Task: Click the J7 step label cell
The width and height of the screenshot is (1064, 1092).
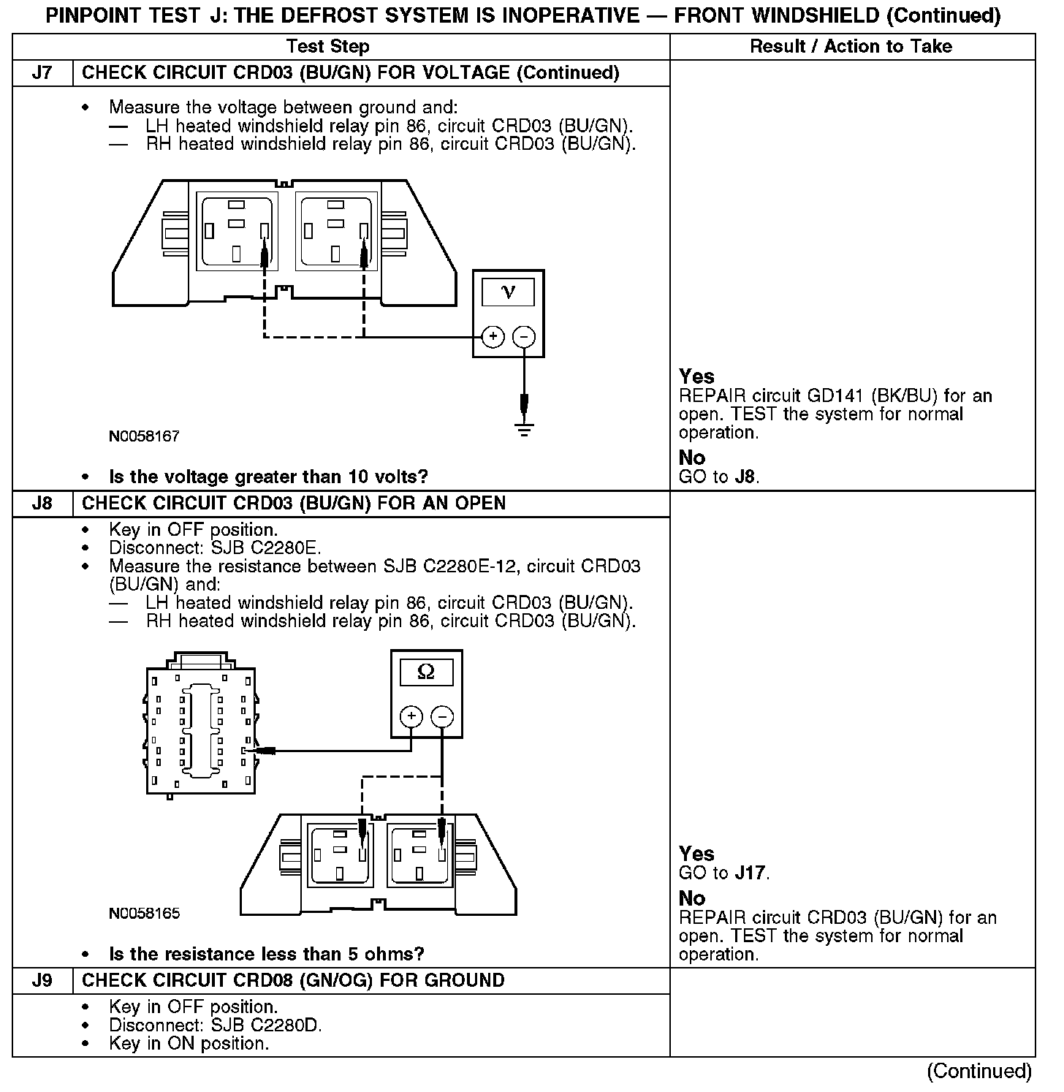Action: point(42,72)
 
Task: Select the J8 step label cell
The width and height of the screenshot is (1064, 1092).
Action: point(42,504)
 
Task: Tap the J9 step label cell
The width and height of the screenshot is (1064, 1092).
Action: point(42,980)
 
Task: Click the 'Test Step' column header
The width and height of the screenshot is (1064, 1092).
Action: point(328,47)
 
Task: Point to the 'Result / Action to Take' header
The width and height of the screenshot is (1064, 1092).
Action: point(851,47)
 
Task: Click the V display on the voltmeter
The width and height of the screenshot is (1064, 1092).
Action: point(509,292)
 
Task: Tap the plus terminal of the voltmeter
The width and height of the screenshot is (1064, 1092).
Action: point(493,336)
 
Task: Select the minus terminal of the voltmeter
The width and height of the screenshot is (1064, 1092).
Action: point(524,336)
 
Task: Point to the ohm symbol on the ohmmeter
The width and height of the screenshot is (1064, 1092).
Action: point(426,672)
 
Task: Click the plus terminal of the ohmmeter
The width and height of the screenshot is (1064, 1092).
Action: point(411,716)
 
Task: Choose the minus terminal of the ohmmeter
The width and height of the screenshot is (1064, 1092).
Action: point(442,716)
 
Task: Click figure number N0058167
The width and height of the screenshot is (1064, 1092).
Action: point(144,436)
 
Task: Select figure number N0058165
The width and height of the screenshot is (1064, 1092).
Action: point(144,914)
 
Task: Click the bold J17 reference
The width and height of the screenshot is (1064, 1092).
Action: point(750,873)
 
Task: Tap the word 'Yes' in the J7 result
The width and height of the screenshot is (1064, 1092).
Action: point(696,376)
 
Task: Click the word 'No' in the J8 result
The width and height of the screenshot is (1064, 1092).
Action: point(692,898)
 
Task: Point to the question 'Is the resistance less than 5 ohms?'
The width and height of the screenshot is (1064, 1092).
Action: point(267,954)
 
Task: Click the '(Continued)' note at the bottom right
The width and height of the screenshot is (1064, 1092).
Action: point(979,1072)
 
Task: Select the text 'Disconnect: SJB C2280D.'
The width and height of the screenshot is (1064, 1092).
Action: point(216,1025)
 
